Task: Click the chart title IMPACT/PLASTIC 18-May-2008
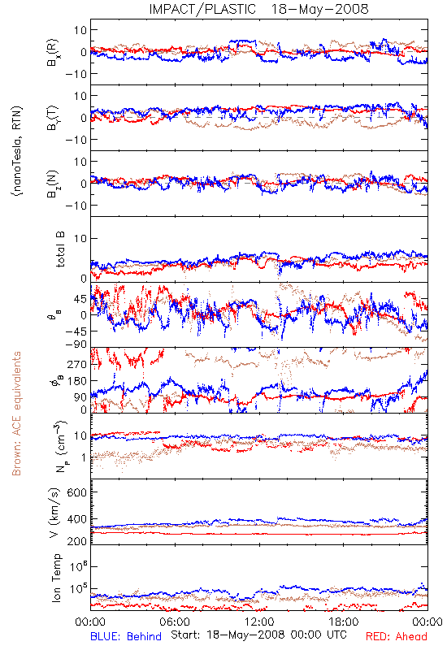(258, 9)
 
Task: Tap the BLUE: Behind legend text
(126, 636)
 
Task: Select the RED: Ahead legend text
(396, 636)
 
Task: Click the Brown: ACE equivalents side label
(16, 414)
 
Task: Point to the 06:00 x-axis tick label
(175, 622)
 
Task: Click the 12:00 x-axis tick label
(259, 622)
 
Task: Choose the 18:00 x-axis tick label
(344, 622)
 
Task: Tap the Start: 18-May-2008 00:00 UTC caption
(258, 635)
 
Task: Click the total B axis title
(60, 249)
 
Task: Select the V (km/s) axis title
(54, 513)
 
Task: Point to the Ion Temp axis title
(56, 578)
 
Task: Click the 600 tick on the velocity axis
(76, 492)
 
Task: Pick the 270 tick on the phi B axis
(76, 364)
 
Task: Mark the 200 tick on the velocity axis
(76, 541)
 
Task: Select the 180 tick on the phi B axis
(76, 381)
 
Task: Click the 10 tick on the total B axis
(80, 238)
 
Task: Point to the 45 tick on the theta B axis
(80, 299)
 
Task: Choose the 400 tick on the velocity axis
(76, 519)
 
